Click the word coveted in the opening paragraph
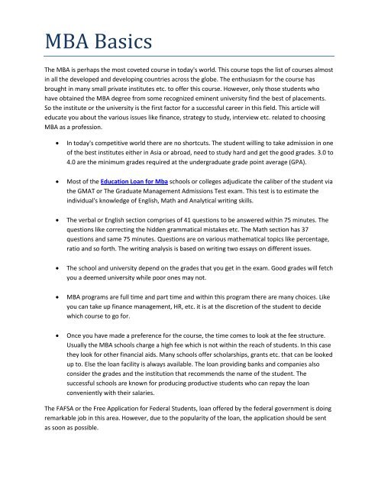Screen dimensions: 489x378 pos(139,91)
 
